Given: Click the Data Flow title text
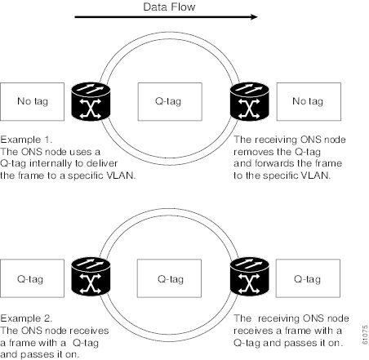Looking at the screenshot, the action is pos(169,7).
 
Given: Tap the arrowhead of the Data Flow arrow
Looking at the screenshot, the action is pos(254,17).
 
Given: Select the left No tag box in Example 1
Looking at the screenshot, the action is pos(32,101).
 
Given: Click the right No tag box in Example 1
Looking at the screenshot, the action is pos(309,101).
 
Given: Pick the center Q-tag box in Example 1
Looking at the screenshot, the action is pos(170,101).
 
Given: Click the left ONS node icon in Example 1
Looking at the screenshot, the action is pos(91,101).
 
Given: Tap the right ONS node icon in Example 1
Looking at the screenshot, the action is pos(249,101).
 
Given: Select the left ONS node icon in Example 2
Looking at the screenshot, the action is pos(91,277).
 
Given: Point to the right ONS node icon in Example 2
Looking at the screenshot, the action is pos(249,277).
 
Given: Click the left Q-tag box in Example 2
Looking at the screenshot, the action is pos(32,278).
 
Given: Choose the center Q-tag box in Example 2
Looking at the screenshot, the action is pos(169,278).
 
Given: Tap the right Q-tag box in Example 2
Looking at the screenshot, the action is pos(308,278).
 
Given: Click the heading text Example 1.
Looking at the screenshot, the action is pos(26,140).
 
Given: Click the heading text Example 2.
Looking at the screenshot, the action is pos(26,318).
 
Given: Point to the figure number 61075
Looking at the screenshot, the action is pos(365,335).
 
